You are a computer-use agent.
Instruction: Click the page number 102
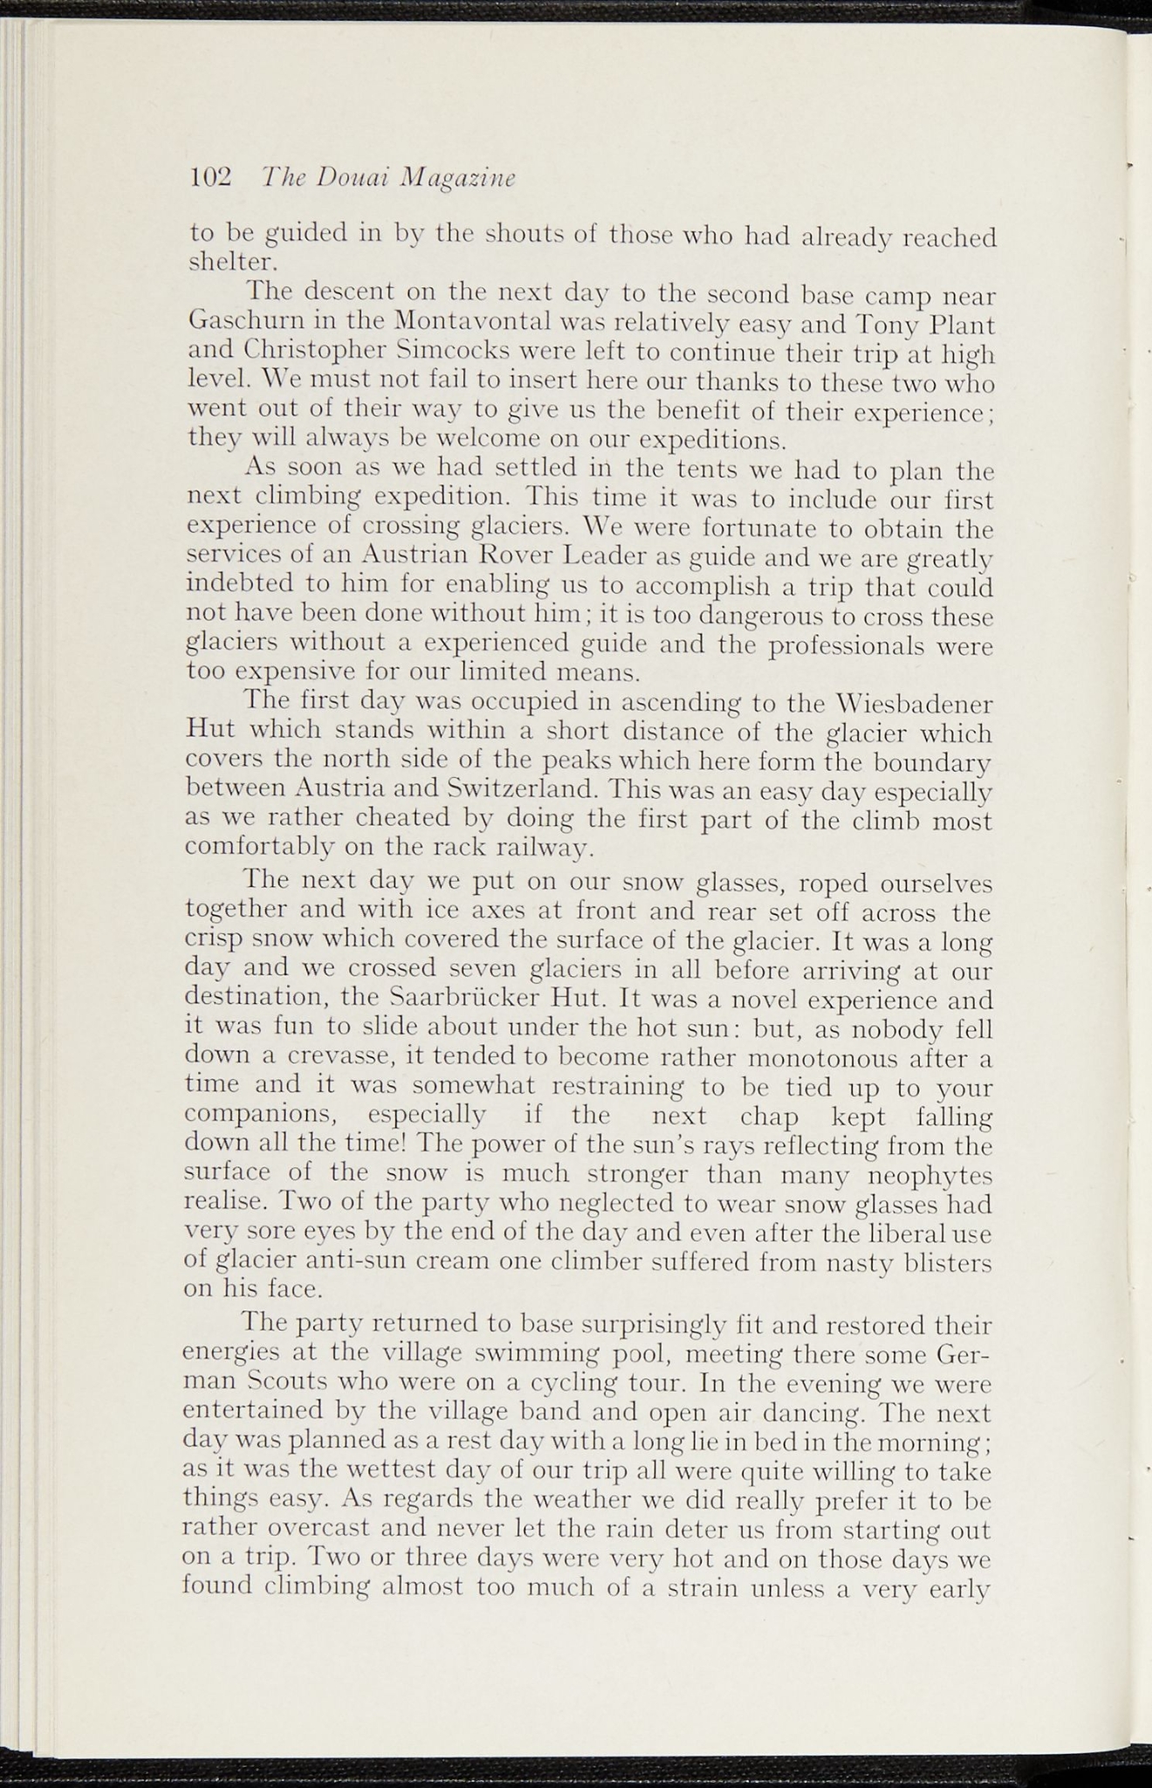210,176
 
